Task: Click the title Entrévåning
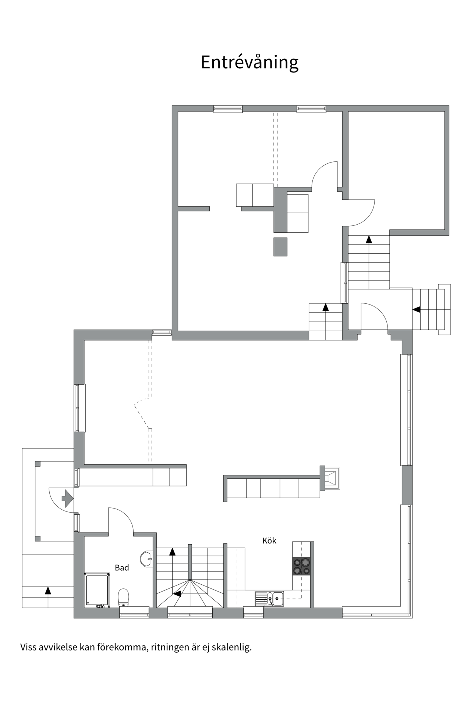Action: tap(249, 63)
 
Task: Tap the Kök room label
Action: tap(269, 541)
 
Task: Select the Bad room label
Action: tap(122, 568)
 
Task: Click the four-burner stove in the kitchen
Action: tap(301, 566)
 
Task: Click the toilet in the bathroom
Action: tap(123, 597)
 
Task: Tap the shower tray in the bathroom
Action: tap(97, 590)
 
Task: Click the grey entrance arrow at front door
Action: tap(67, 499)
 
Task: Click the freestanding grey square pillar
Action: tap(280, 247)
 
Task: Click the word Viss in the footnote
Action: tap(28, 657)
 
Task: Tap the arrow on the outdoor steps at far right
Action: tap(416, 310)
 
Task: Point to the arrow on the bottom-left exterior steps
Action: tap(48, 590)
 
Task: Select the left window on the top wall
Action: tap(228, 109)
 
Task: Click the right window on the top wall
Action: tap(311, 109)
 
